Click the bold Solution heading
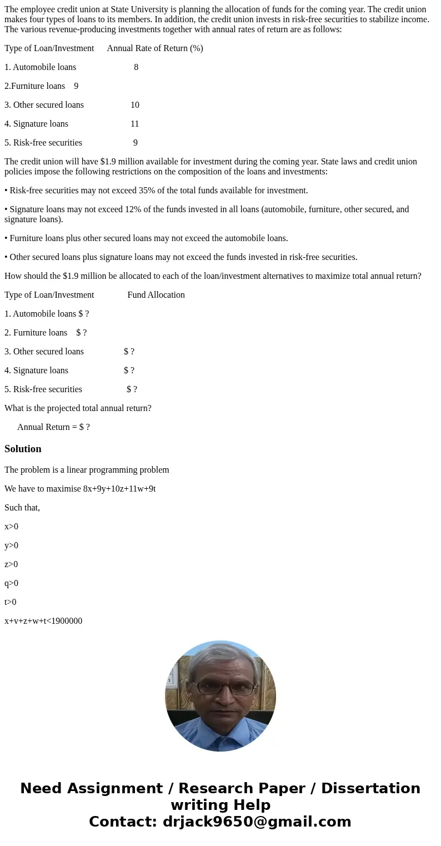pos(23,449)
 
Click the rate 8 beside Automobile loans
pos(136,67)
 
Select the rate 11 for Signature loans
pos(134,124)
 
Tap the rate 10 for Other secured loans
pos(135,105)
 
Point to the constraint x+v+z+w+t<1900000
pos(43,621)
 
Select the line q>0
pos(11,583)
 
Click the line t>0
pos(11,602)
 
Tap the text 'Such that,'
pos(22,508)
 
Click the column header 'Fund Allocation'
pos(156,295)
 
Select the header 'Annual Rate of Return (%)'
pos(155,48)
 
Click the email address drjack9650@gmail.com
pos(257,822)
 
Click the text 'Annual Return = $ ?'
pos(53,427)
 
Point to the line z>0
pos(11,564)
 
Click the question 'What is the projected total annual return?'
pos(78,408)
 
